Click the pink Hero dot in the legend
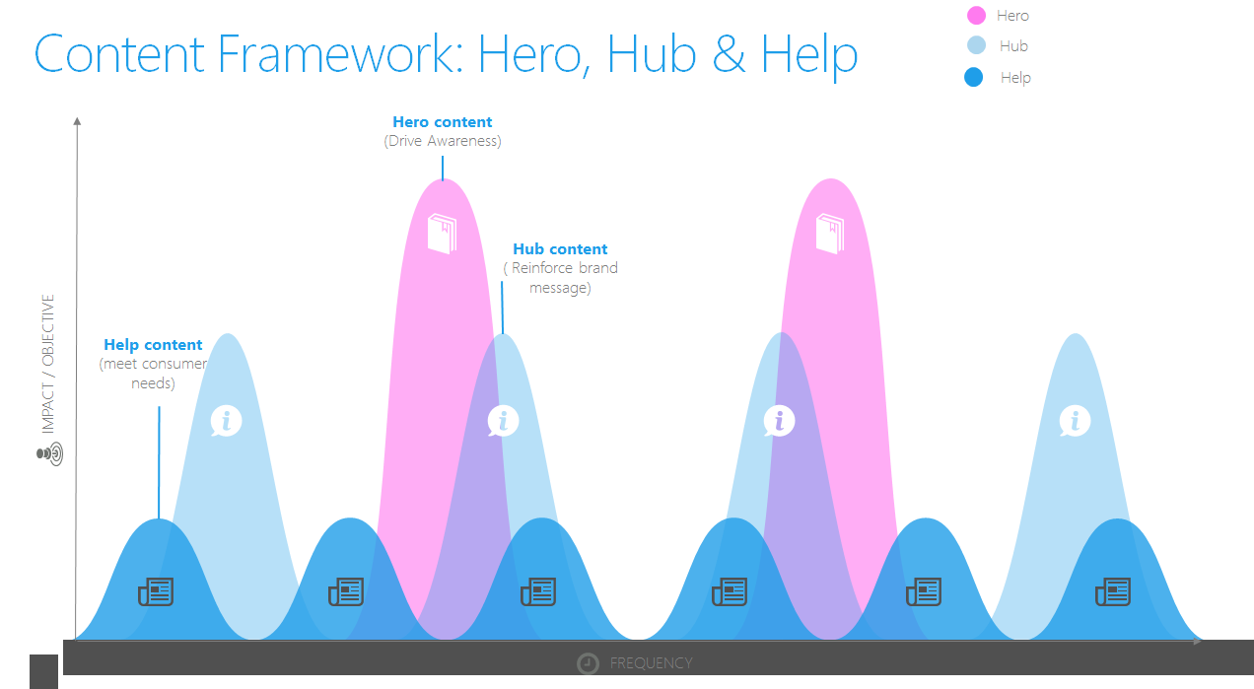[x=976, y=15]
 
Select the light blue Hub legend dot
[x=976, y=45]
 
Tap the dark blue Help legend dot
[x=974, y=77]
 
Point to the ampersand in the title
[x=729, y=54]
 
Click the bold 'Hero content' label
[x=443, y=122]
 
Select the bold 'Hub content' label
[x=560, y=249]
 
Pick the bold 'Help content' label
[x=153, y=345]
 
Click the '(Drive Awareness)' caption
[x=443, y=141]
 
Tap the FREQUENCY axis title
[x=651, y=663]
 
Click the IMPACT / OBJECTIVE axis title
[x=48, y=364]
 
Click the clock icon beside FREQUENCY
[x=588, y=663]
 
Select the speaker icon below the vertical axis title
[x=50, y=454]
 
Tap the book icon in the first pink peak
[x=443, y=234]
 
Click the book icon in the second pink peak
[x=830, y=234]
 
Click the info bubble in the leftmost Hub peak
[x=226, y=421]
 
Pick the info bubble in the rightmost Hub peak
[x=1075, y=421]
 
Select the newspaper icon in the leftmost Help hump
[x=156, y=591]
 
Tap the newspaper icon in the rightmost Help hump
[x=1113, y=591]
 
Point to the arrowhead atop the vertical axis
[x=77, y=121]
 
